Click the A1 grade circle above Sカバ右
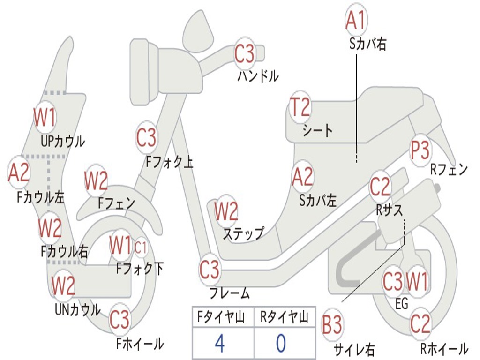[x=355, y=20]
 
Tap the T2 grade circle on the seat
[x=300, y=107]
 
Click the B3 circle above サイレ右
[x=332, y=325]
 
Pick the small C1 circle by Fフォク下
[x=141, y=247]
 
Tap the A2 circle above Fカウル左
[x=19, y=172]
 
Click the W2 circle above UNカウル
[x=63, y=285]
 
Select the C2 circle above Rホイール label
[x=420, y=323]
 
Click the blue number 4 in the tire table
[x=219, y=344]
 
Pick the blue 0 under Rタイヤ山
[x=281, y=344]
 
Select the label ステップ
[x=243, y=233]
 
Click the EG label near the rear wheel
[x=402, y=304]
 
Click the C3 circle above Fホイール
[x=120, y=320]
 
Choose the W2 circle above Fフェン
[x=96, y=181]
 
